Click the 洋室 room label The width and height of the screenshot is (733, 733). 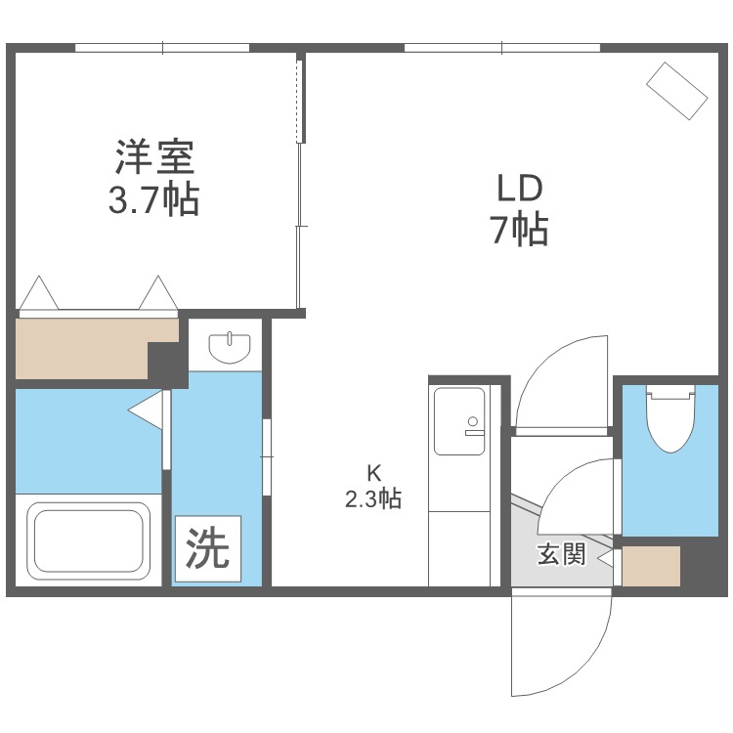pyautogui.click(x=155, y=156)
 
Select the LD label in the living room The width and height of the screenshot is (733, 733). pyautogui.click(x=518, y=187)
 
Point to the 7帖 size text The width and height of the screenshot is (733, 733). pyautogui.click(x=518, y=231)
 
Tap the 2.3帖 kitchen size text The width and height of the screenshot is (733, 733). pyautogui.click(x=372, y=499)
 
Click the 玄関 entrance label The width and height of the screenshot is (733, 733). pyautogui.click(x=561, y=554)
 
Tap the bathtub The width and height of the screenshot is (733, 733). pyautogui.click(x=88, y=542)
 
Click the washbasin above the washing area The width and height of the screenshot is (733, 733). pyautogui.click(x=232, y=346)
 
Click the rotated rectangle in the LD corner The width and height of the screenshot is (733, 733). pyautogui.click(x=676, y=91)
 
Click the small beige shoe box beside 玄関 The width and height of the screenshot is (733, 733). pyautogui.click(x=651, y=566)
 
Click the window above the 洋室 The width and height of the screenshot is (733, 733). pyautogui.click(x=162, y=47)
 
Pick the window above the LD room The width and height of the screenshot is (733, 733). pyautogui.click(x=501, y=47)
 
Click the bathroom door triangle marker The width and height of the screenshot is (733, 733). pyautogui.click(x=146, y=411)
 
